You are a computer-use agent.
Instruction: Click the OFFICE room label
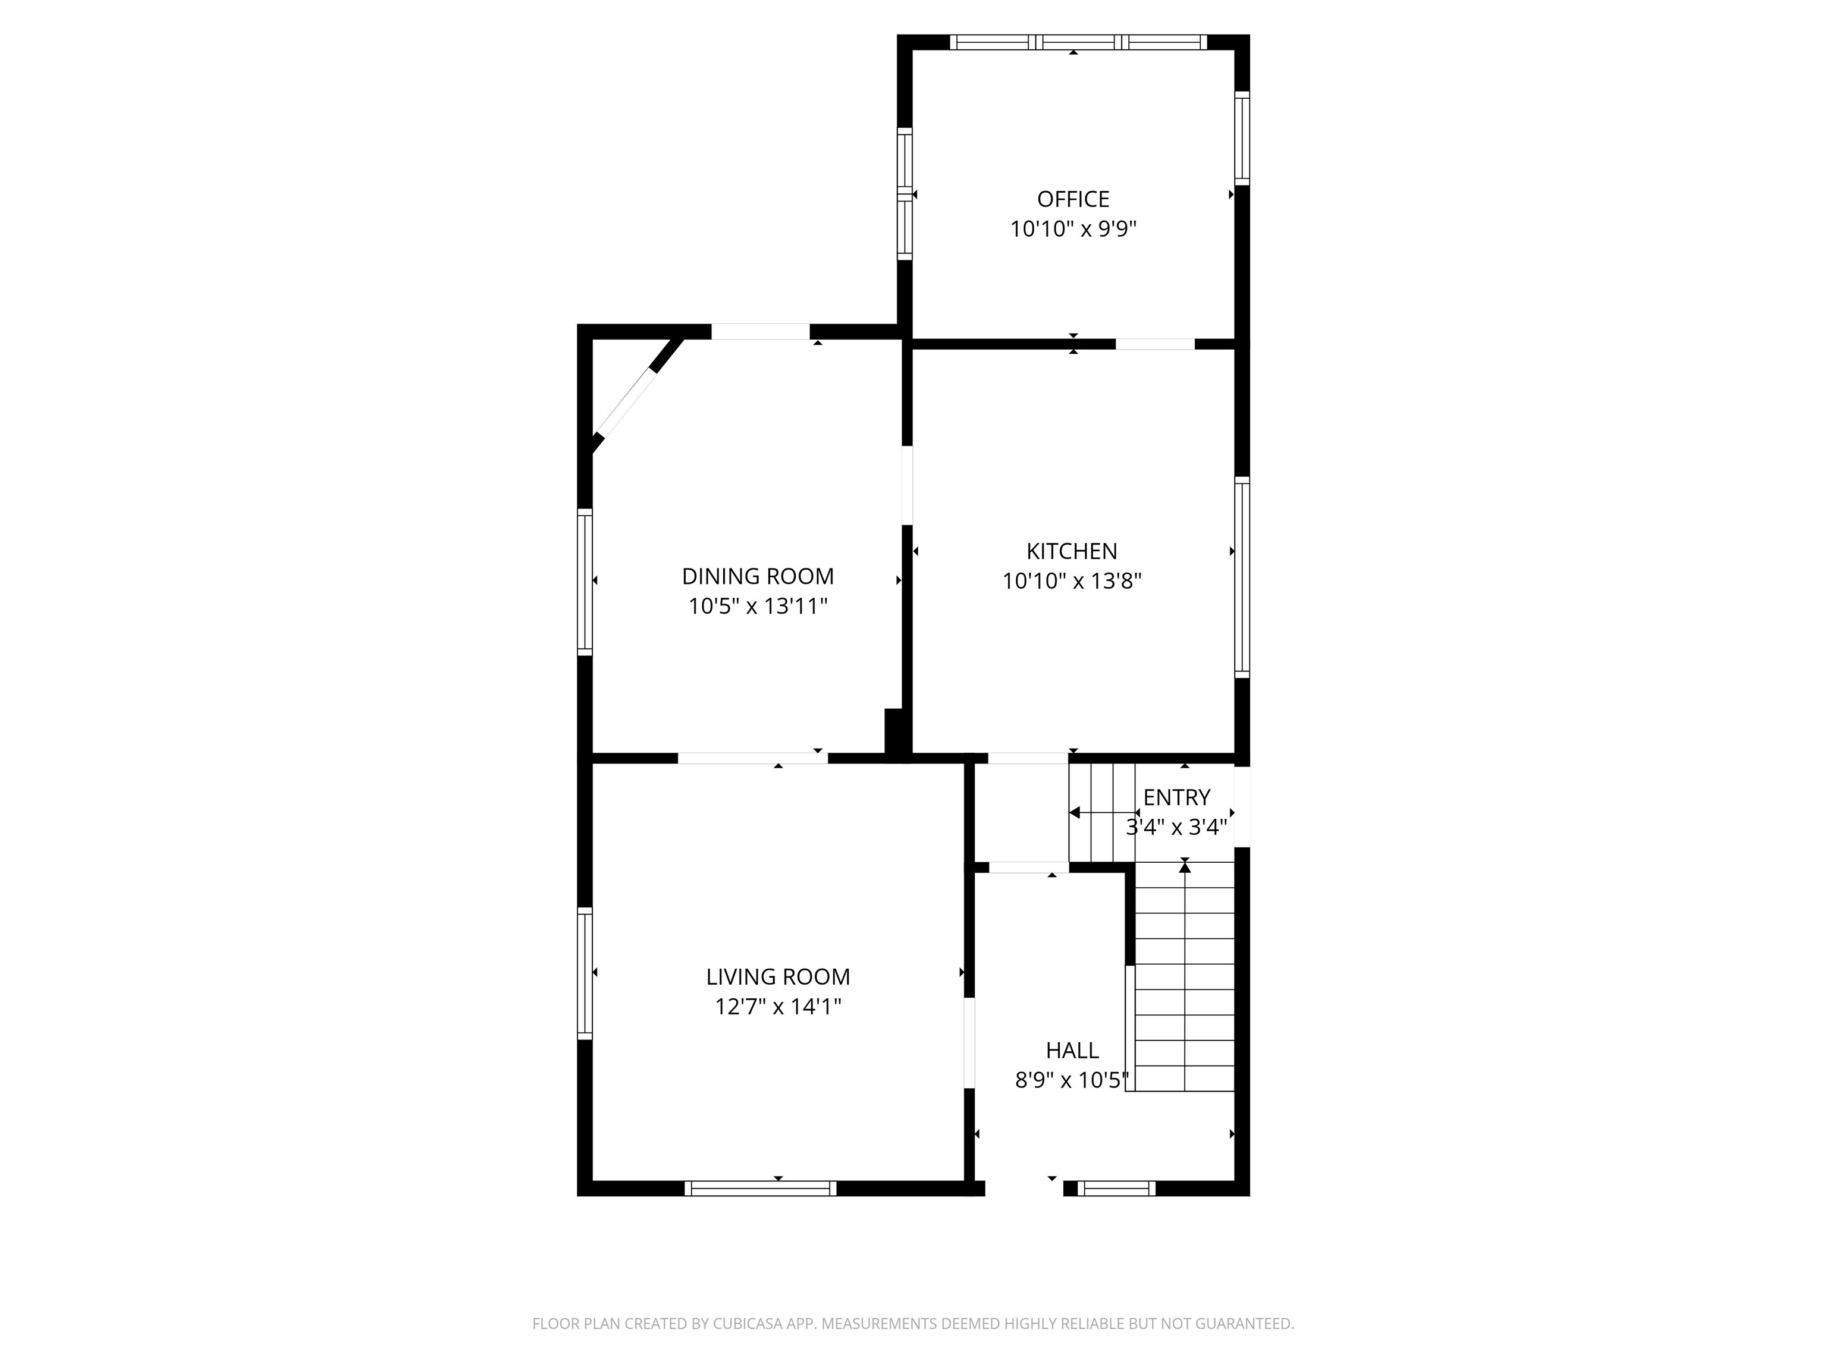pyautogui.click(x=1073, y=199)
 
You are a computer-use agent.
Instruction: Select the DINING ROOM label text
pyautogui.click(x=758, y=576)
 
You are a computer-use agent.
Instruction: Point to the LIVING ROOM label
pyautogui.click(x=778, y=977)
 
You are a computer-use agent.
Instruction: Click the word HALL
pyautogui.click(x=1072, y=1051)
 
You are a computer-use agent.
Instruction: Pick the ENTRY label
pyautogui.click(x=1176, y=798)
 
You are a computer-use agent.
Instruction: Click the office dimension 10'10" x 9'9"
pyautogui.click(x=1073, y=229)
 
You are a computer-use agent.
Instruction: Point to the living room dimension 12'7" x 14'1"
pyautogui.click(x=778, y=1007)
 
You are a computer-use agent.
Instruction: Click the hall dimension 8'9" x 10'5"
pyautogui.click(x=1072, y=1080)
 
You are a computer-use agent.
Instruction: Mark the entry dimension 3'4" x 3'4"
pyautogui.click(x=1176, y=828)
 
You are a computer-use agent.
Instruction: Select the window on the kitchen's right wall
pyautogui.click(x=1241, y=577)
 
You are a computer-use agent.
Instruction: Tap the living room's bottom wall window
pyautogui.click(x=760, y=1188)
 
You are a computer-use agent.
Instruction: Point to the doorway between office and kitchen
pyautogui.click(x=1155, y=344)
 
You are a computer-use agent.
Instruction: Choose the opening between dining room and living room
pyautogui.click(x=752, y=758)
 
